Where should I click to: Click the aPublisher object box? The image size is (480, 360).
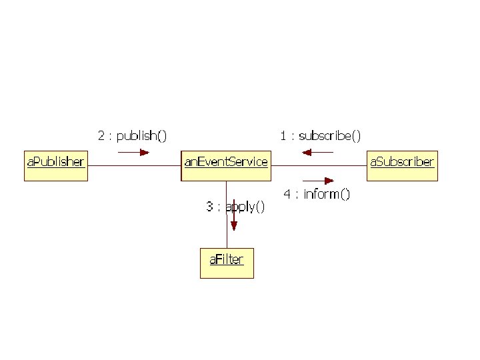56,165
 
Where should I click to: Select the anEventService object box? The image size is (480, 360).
227,165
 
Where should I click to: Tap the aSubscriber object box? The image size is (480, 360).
403,165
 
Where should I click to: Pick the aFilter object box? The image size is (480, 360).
227,263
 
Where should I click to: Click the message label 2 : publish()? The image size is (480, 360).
133,136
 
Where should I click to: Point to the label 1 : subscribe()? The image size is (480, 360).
321,136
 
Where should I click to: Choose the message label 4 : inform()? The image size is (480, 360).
317,194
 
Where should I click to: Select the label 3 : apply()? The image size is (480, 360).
235,207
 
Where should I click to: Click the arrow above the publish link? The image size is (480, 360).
133,152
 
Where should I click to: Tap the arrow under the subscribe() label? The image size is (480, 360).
317,152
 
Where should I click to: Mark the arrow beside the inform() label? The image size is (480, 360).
318,180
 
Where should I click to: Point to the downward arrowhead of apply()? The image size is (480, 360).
233,225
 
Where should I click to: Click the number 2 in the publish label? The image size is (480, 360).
101,136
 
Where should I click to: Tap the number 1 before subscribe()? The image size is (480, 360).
283,136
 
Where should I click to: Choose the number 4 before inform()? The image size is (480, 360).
287,194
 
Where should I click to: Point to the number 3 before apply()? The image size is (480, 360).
209,207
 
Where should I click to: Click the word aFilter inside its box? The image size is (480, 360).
227,259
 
